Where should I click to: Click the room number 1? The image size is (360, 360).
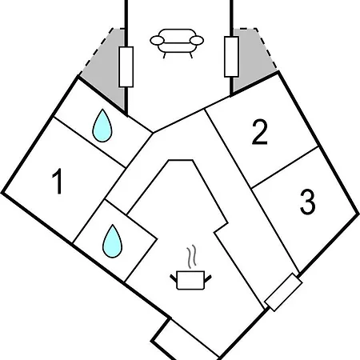tap(58, 182)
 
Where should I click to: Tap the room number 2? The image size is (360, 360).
tap(259, 132)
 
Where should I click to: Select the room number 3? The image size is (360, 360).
tap(307, 202)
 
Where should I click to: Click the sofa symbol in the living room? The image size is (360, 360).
tap(177, 43)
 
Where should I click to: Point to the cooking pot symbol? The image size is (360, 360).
tap(190, 280)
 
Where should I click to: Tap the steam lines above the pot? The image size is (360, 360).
tap(192, 257)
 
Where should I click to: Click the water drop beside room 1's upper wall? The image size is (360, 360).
tap(102, 126)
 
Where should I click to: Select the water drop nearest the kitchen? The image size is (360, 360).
tap(113, 241)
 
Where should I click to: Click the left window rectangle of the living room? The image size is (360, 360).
tap(126, 67)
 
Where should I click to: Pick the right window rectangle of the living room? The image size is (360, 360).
tap(231, 57)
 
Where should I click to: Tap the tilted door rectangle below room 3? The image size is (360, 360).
tap(283, 292)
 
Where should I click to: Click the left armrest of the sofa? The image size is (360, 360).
tap(157, 41)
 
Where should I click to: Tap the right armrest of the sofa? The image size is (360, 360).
tap(197, 41)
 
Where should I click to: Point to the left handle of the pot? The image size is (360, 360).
tap(174, 278)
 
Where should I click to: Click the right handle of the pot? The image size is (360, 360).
tap(208, 278)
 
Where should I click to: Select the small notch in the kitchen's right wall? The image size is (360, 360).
tap(222, 227)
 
